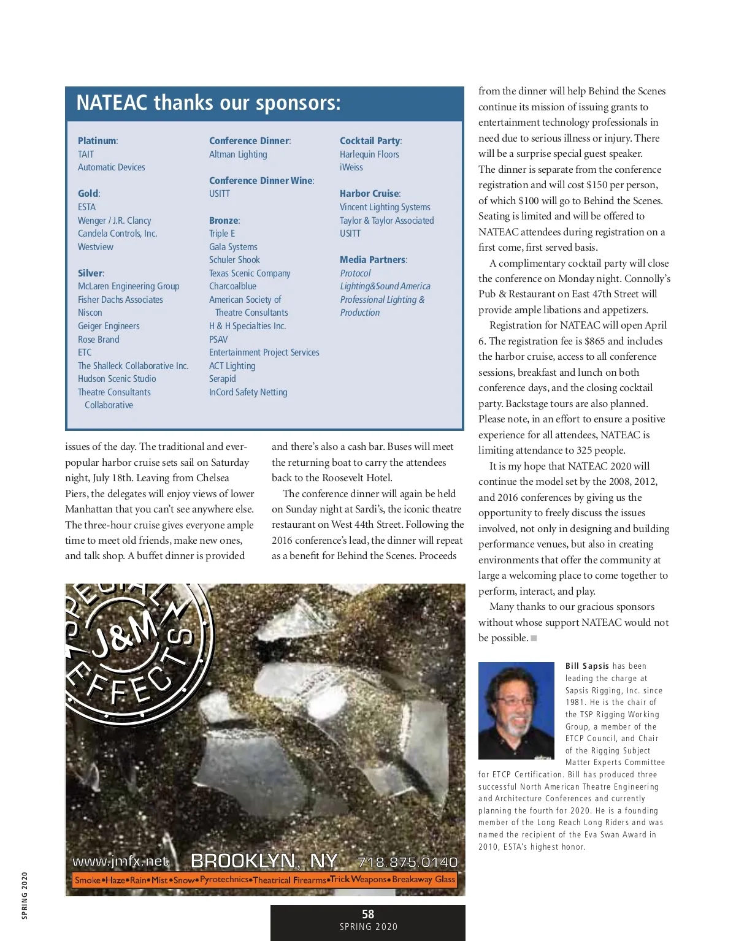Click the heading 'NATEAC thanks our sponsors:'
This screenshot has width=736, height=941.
(208, 103)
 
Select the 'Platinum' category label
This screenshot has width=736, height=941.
(97, 141)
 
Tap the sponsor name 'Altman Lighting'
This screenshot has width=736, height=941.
(238, 154)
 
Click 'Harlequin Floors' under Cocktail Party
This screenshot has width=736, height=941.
(369, 154)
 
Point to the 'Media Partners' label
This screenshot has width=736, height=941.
(373, 260)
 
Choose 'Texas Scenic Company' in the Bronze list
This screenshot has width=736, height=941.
(250, 273)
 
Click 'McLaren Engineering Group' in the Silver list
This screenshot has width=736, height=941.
(129, 286)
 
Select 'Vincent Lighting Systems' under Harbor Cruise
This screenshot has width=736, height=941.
(385, 207)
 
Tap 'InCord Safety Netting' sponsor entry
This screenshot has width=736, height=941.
(248, 392)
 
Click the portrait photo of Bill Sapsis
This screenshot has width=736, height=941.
(516, 711)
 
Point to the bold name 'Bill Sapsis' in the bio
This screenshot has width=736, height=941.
(587, 666)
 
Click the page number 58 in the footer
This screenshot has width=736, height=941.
(368, 914)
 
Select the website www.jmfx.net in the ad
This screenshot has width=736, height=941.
(120, 861)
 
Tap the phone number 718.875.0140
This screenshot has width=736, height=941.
(407, 862)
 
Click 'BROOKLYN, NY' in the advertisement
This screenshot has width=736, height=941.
(264, 861)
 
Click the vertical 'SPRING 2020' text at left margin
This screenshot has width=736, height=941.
(25, 895)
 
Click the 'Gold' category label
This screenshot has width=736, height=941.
(88, 194)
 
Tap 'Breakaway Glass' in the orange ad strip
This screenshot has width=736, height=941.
(423, 880)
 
